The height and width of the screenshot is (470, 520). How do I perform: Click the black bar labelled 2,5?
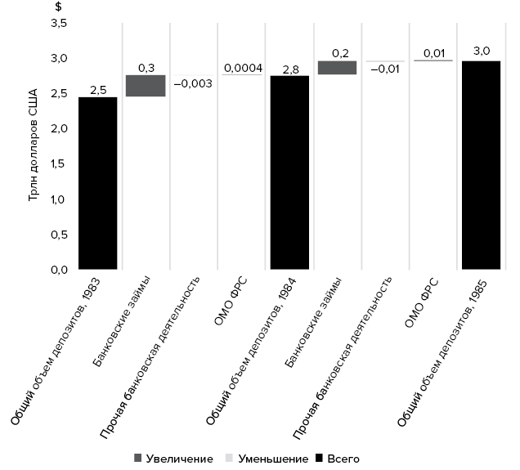pyautogui.click(x=98, y=183)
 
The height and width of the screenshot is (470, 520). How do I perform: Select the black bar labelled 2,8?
pyautogui.click(x=289, y=172)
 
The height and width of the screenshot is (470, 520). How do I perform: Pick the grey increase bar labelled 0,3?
pyautogui.click(x=146, y=86)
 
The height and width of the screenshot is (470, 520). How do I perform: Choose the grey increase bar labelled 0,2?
pyautogui.click(x=337, y=68)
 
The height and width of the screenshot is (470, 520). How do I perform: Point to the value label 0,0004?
pyautogui.click(x=242, y=68)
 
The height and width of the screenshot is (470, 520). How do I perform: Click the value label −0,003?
pyautogui.click(x=194, y=83)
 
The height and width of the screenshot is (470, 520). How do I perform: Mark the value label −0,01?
pyautogui.click(x=385, y=69)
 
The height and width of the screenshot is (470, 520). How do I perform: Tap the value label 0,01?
pyautogui.click(x=433, y=53)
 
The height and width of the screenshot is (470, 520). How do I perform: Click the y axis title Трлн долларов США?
pyautogui.click(x=35, y=147)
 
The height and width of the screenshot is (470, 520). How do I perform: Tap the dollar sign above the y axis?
pyautogui.click(x=58, y=7)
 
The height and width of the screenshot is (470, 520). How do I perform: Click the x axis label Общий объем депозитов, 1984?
pyautogui.click(x=253, y=351)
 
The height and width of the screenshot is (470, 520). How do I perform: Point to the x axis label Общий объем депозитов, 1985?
pyautogui.click(x=445, y=351)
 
